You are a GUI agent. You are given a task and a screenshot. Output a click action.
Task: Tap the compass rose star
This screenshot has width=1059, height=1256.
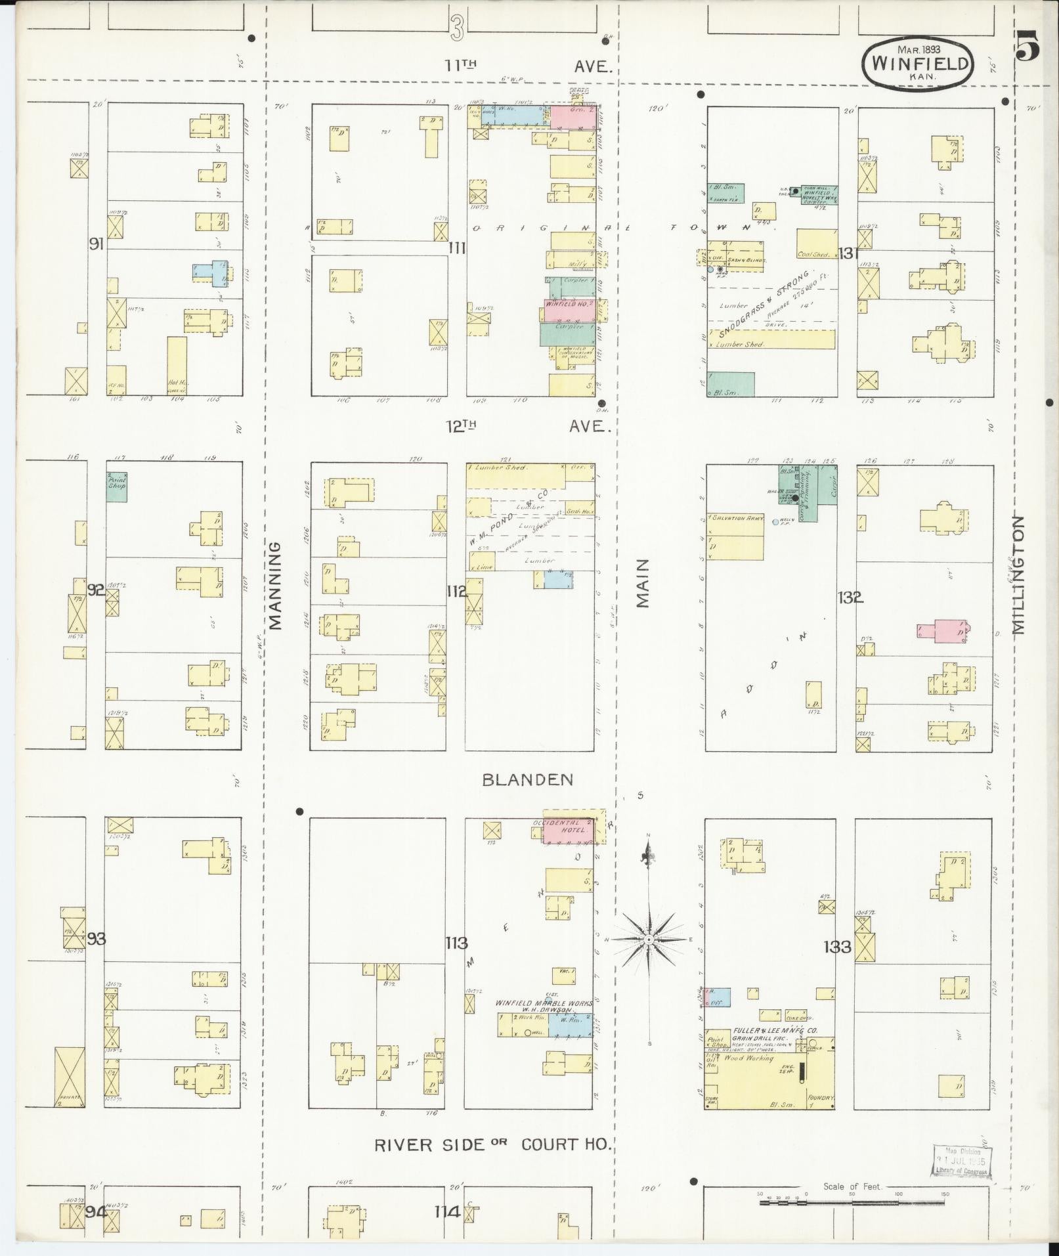[648, 940]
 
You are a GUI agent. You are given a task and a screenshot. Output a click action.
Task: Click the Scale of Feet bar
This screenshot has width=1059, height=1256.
[854, 1202]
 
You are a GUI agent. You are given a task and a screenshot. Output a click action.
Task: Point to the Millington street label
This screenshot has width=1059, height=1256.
[1018, 574]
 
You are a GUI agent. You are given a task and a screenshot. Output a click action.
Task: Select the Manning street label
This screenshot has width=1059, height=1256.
[276, 585]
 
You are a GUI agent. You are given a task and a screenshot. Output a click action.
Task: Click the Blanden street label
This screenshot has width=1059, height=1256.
[527, 779]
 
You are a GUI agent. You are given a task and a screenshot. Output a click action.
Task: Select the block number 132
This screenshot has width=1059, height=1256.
[850, 597]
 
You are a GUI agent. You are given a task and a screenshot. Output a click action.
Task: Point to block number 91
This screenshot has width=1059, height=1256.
[97, 244]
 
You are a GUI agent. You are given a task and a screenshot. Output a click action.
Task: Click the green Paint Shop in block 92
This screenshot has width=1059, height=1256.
[116, 487]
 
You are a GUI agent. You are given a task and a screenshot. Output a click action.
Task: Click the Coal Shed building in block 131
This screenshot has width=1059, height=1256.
[816, 243]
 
